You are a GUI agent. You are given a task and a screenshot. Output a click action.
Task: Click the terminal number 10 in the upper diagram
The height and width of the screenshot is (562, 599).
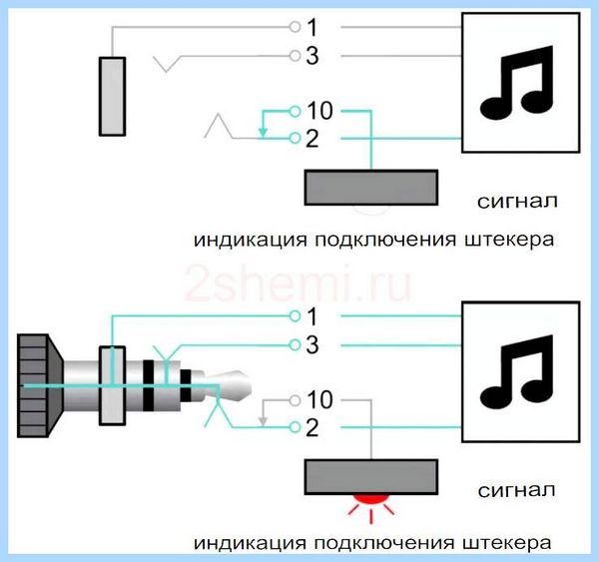pyautogui.click(x=319, y=111)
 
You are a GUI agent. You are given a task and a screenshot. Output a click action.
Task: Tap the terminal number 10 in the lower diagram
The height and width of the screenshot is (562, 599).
pyautogui.click(x=319, y=400)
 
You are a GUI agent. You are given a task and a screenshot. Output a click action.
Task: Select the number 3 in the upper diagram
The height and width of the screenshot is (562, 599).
pyautogui.click(x=312, y=56)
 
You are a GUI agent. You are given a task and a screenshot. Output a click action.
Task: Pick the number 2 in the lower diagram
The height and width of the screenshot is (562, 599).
pyautogui.click(x=312, y=428)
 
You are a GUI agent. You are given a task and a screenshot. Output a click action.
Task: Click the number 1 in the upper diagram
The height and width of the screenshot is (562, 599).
pyautogui.click(x=312, y=28)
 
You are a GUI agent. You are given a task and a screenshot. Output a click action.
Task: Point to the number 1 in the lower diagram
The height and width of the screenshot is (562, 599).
pyautogui.click(x=312, y=316)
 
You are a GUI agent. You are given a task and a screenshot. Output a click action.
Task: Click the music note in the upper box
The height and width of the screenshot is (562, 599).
pyautogui.click(x=516, y=82)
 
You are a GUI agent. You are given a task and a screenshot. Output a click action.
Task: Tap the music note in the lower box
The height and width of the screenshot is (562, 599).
pyautogui.click(x=516, y=371)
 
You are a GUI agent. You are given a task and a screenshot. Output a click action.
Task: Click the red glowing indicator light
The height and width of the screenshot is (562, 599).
pyautogui.click(x=370, y=498)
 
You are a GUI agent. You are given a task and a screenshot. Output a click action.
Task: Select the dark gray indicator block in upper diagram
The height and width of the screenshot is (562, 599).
pyautogui.click(x=371, y=188)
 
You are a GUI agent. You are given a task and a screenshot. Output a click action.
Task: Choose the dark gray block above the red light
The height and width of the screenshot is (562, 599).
pyautogui.click(x=371, y=477)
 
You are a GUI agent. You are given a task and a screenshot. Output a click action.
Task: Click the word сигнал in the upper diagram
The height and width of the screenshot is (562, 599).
pyautogui.click(x=517, y=201)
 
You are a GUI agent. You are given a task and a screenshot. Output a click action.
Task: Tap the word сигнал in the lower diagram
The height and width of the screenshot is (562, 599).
pyautogui.click(x=516, y=490)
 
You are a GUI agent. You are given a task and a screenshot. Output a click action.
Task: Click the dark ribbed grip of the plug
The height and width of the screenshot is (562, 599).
pyautogui.click(x=39, y=386)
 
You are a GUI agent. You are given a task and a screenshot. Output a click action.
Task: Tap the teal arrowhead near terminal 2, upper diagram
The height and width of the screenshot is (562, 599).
pyautogui.click(x=263, y=132)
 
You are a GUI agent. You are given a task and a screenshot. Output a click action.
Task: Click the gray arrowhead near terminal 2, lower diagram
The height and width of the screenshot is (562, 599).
pyautogui.click(x=263, y=421)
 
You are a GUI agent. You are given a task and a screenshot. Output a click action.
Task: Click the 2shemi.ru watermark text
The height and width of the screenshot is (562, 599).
pyautogui.click(x=298, y=283)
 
